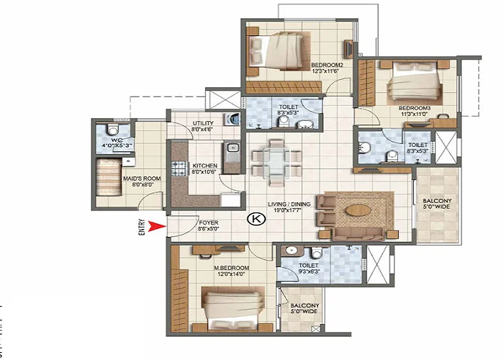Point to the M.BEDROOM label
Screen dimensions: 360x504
[x=230, y=270]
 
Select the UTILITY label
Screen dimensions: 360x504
[x=202, y=124]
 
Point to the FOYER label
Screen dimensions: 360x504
[x=209, y=223]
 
